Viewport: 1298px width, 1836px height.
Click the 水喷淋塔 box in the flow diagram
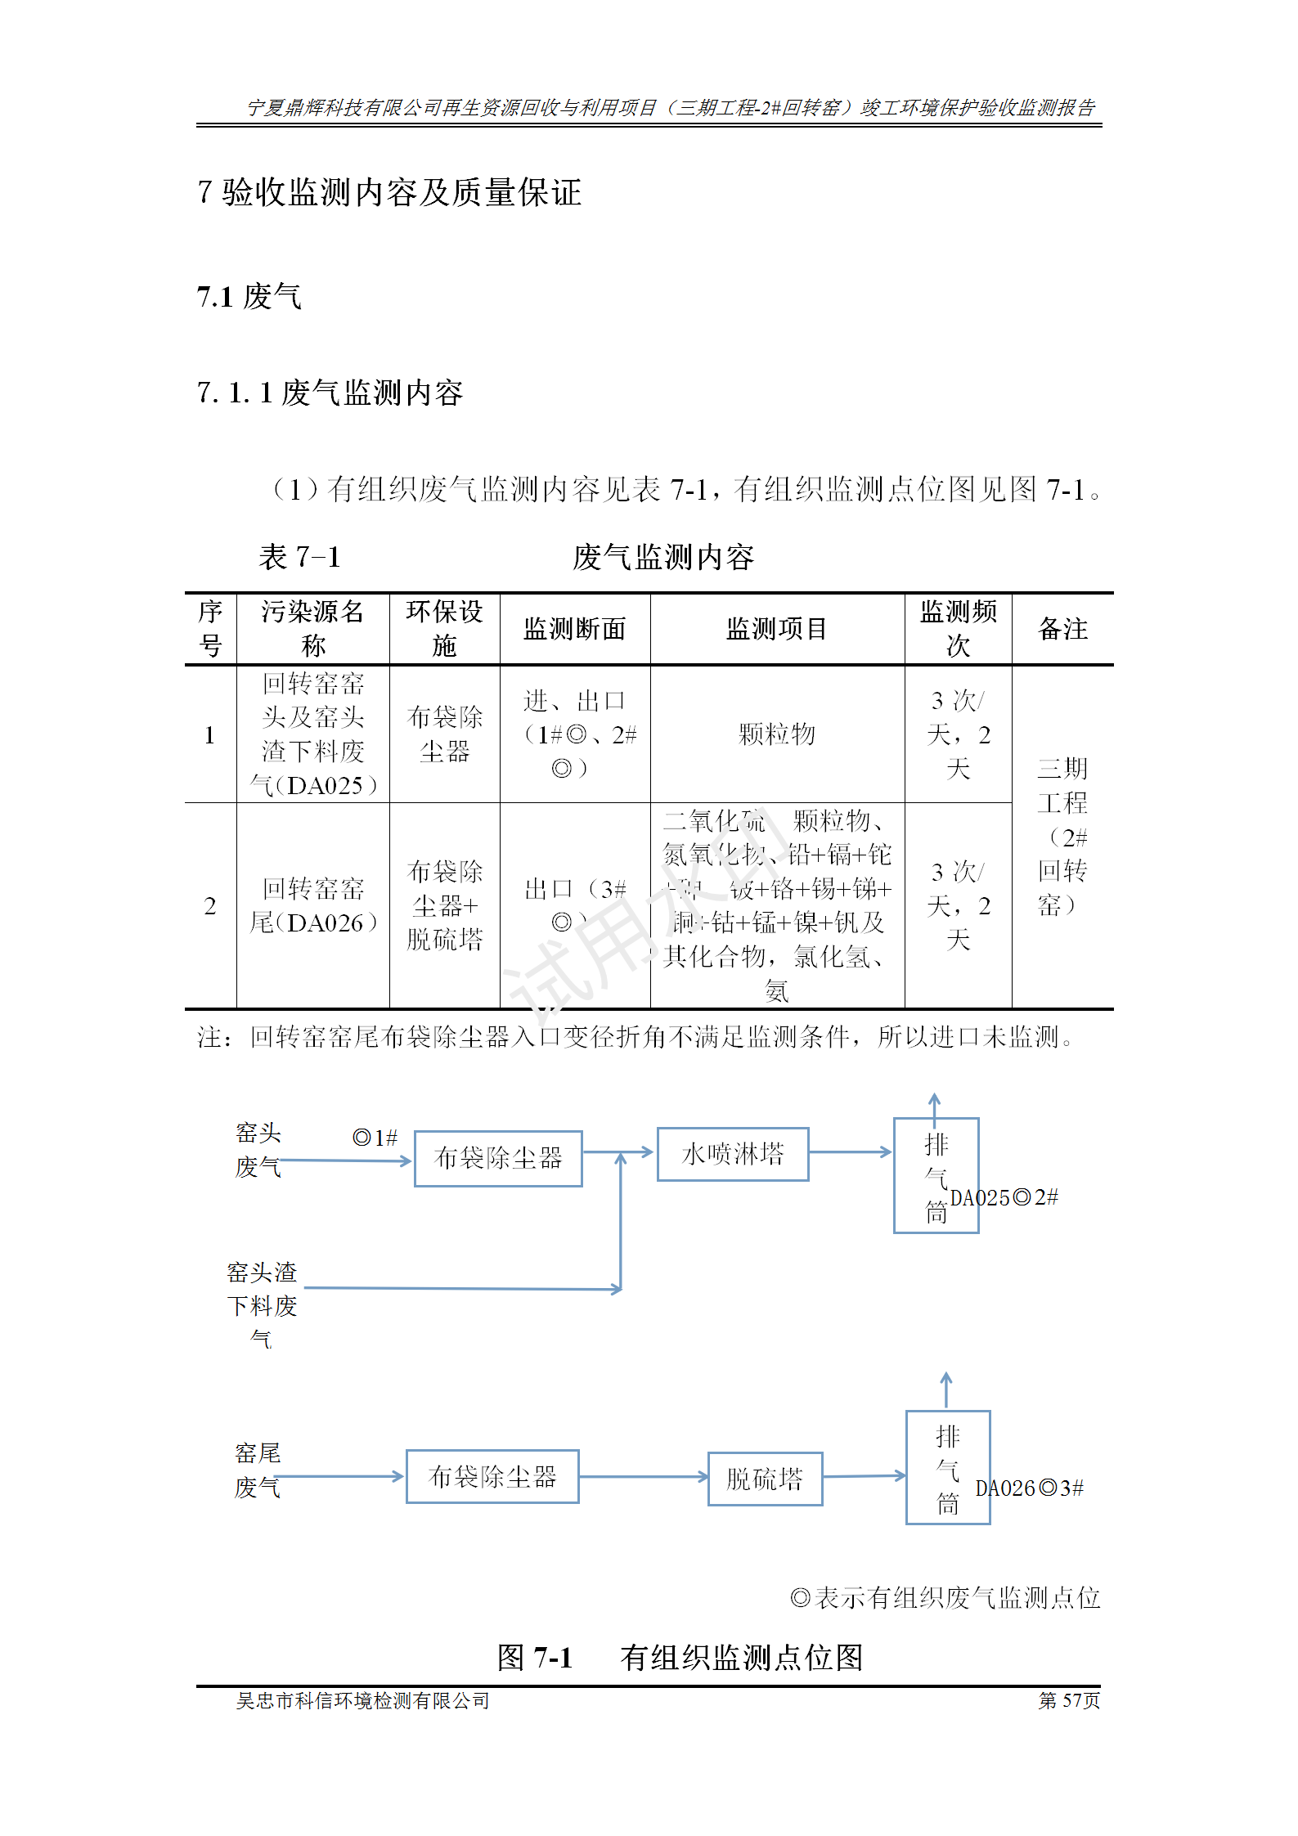click(x=732, y=1154)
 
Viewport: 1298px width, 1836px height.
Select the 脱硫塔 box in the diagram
click(x=765, y=1479)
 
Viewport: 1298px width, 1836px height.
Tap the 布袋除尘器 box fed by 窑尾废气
click(x=492, y=1476)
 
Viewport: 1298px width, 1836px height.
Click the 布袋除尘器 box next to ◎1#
click(x=498, y=1158)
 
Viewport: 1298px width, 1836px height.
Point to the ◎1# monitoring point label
click(x=375, y=1138)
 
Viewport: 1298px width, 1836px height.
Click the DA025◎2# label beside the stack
click(x=1004, y=1198)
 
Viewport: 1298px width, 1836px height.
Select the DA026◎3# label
click(x=1029, y=1488)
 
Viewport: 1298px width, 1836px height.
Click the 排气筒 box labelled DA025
click(x=936, y=1175)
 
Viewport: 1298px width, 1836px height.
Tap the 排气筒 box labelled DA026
click(x=948, y=1468)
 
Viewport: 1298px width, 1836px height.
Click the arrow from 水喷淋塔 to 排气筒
click(x=851, y=1152)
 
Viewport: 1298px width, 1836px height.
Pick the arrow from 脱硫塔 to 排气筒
click(x=864, y=1476)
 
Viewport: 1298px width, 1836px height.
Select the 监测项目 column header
click(x=776, y=629)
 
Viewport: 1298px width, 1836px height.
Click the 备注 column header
click(x=1062, y=629)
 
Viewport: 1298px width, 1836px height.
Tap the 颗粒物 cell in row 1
click(x=776, y=734)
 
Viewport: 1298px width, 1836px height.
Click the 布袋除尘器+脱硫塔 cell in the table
click(x=444, y=905)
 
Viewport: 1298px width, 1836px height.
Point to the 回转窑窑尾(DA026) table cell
click(x=312, y=905)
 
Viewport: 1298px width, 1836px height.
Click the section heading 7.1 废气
click(x=249, y=296)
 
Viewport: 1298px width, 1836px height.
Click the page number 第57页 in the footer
click(x=1069, y=1701)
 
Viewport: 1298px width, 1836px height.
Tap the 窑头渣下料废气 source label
click(x=262, y=1305)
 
